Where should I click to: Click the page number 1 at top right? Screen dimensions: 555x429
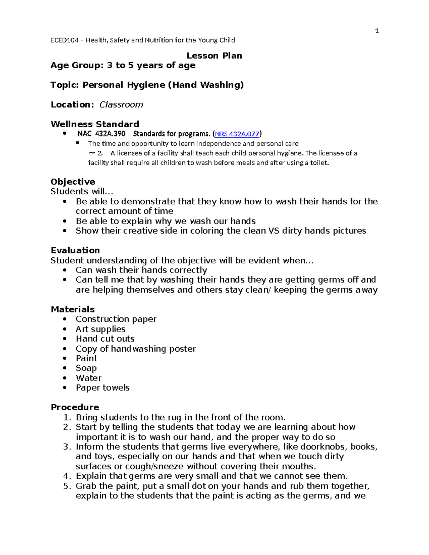[376, 31]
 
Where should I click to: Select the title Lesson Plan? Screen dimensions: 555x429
[214, 56]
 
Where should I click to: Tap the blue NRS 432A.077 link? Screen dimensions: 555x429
[237, 134]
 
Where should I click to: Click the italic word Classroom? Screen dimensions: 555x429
[121, 105]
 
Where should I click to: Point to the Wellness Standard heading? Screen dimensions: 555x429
[95, 124]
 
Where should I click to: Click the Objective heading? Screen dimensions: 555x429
[73, 182]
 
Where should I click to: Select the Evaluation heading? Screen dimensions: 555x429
[75, 250]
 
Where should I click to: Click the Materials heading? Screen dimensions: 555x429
[73, 309]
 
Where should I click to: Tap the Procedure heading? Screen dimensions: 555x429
[75, 407]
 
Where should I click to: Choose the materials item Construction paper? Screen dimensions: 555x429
[116, 319]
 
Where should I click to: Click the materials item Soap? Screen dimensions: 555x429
[86, 368]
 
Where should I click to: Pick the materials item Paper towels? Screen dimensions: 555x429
[103, 388]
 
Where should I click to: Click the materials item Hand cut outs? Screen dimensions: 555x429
[105, 339]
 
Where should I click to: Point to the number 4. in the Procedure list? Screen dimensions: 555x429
[67, 476]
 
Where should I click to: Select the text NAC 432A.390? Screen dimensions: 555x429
[102, 134]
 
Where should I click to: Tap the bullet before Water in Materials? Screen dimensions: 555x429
[64, 378]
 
